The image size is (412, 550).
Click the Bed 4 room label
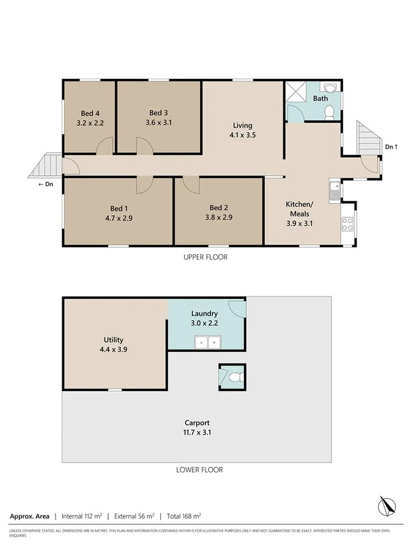point(90,113)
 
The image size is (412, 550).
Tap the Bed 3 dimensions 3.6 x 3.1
point(158,122)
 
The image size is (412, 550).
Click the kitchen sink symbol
point(334,190)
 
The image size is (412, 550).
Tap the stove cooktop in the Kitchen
point(348,224)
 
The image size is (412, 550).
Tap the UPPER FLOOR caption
point(206,257)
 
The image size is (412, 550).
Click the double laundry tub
point(207,342)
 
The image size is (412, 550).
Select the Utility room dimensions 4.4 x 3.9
point(114,350)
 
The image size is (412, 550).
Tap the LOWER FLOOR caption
point(199,470)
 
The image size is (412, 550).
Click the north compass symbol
point(386,506)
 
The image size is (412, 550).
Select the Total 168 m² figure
point(181,516)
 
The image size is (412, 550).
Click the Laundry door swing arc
point(238,309)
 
